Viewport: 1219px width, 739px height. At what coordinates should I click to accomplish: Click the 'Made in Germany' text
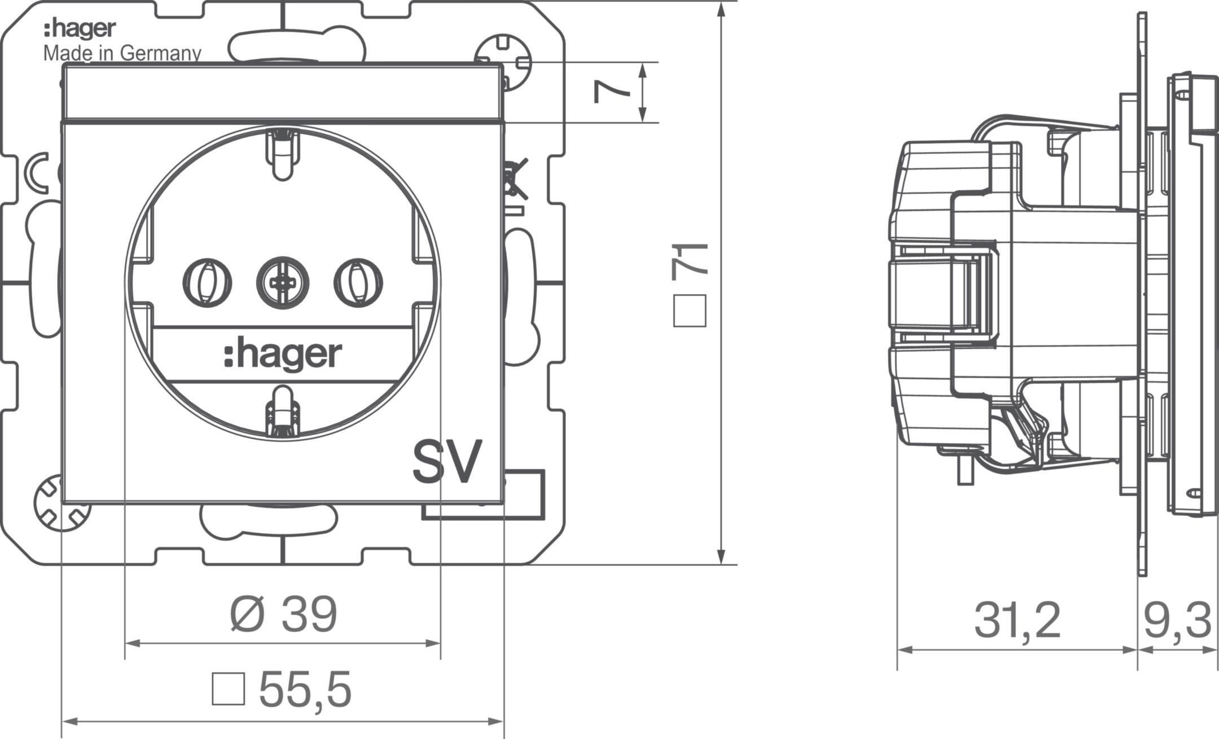pyautogui.click(x=122, y=54)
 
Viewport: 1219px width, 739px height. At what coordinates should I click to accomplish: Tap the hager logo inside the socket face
pyautogui.click(x=283, y=355)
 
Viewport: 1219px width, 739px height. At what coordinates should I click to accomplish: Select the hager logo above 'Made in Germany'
pyautogui.click(x=80, y=29)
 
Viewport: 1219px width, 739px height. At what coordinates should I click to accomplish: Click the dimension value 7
pyautogui.click(x=612, y=92)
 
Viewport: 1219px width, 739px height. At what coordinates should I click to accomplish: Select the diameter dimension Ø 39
pyautogui.click(x=283, y=614)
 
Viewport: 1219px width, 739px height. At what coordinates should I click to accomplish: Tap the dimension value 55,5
pyautogui.click(x=305, y=689)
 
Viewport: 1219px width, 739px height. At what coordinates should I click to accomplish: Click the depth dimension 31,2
pyautogui.click(x=1017, y=621)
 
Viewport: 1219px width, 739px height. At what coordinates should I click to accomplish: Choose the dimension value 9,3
pyautogui.click(x=1177, y=621)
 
